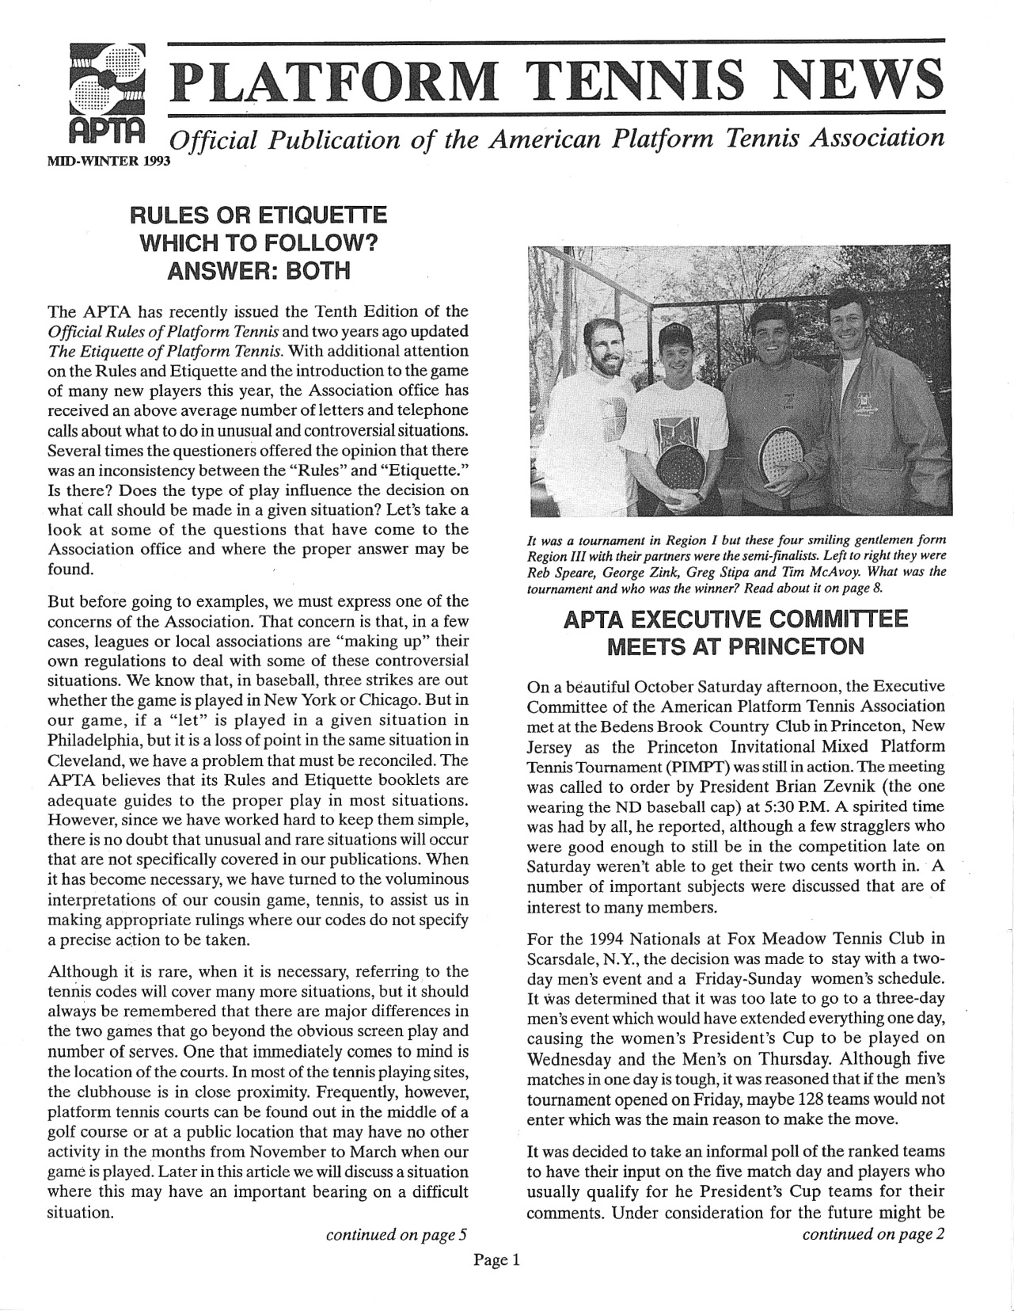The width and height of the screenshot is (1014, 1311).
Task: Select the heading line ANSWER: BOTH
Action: pyautogui.click(x=258, y=271)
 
